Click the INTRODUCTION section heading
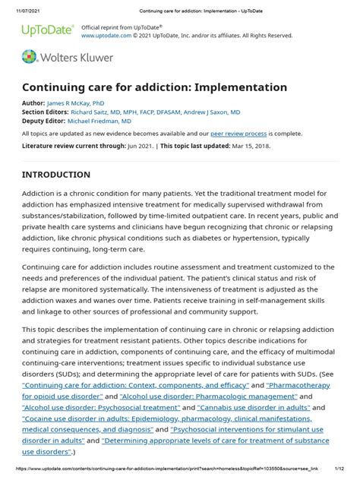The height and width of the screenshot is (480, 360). click(56, 175)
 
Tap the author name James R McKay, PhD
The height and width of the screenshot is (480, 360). click(76, 102)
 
